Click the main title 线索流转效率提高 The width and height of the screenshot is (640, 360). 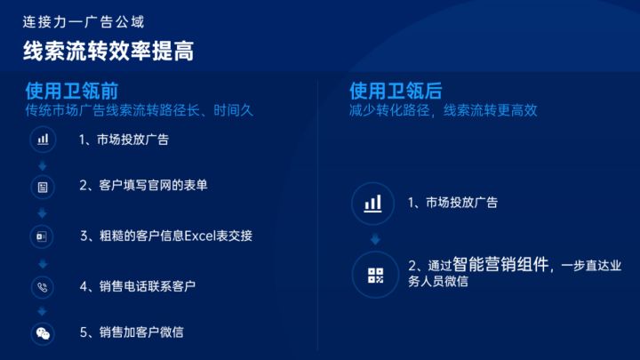tap(108, 51)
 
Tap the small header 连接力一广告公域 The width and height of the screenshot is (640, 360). tap(84, 20)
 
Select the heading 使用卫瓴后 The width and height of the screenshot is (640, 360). tap(396, 92)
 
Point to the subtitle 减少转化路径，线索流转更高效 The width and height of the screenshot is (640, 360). tap(443, 111)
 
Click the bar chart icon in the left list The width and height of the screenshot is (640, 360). tap(43, 140)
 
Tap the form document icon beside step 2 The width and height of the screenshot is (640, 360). tap(43, 187)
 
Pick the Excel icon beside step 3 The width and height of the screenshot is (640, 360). tap(43, 236)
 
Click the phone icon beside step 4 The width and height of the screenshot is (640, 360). tap(43, 286)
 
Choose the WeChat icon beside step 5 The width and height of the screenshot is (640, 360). tap(43, 333)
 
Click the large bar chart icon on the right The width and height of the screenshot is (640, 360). tap(374, 204)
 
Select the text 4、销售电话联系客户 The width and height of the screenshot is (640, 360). tap(137, 286)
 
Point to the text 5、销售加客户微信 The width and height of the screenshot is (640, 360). tap(132, 333)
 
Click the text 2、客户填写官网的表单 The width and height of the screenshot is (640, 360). tap(143, 187)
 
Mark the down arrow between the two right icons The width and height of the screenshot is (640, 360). tap(374, 239)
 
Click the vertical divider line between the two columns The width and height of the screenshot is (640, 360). tap(318, 222)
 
